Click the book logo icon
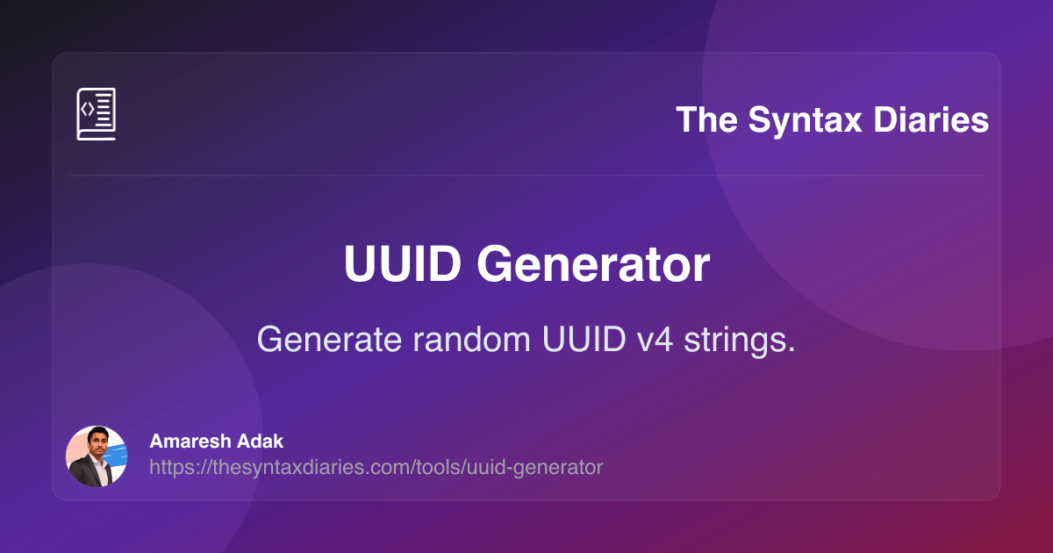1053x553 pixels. tap(97, 114)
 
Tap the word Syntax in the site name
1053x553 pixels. tap(806, 121)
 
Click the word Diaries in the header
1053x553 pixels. tap(931, 120)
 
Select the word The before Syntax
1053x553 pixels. tap(707, 120)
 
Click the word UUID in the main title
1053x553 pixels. tap(403, 264)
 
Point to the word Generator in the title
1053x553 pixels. tap(593, 264)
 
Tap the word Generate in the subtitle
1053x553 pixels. tap(329, 339)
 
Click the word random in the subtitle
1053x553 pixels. tap(471, 339)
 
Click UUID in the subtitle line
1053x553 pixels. tap(584, 339)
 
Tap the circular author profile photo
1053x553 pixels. tap(97, 456)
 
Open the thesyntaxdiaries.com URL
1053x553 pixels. tap(376, 467)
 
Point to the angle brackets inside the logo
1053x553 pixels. tap(88, 110)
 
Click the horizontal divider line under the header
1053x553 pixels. tap(526, 176)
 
